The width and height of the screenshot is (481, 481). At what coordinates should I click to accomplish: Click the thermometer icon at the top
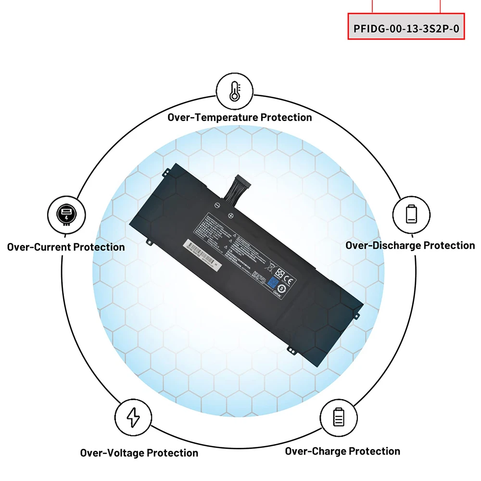click(x=235, y=91)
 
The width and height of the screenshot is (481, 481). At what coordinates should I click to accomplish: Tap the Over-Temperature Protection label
click(x=240, y=117)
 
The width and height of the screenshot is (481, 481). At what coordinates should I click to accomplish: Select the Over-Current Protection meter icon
click(x=66, y=214)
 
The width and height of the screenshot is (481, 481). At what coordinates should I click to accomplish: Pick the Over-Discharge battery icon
click(x=411, y=214)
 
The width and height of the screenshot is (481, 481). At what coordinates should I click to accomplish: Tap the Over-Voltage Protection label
click(x=139, y=453)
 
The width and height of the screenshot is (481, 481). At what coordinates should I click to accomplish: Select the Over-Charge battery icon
click(x=339, y=416)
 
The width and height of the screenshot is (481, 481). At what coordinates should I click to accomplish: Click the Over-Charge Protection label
click(x=342, y=451)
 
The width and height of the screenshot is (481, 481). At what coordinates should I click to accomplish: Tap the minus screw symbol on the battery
click(x=217, y=205)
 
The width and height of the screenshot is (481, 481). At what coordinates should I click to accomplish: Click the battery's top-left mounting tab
click(x=167, y=170)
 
